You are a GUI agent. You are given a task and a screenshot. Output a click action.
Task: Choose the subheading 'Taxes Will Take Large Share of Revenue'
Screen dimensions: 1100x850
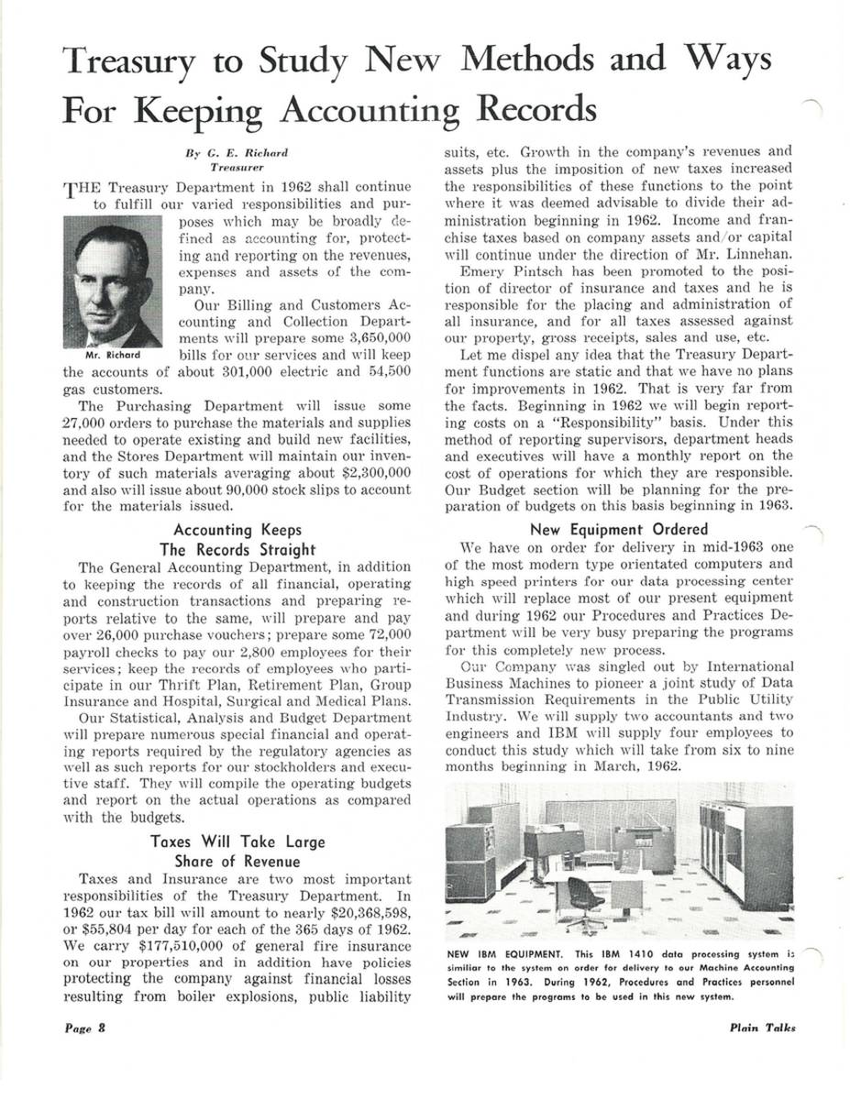click(237, 852)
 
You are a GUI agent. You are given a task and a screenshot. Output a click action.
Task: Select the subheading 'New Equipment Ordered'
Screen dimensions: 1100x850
click(619, 529)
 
